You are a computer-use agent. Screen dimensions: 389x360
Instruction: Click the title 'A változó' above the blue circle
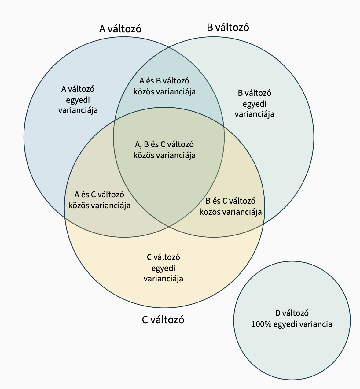[x=120, y=29]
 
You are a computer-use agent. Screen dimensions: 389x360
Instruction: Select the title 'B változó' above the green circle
[x=228, y=28]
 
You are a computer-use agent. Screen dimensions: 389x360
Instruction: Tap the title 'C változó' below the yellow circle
[x=163, y=320]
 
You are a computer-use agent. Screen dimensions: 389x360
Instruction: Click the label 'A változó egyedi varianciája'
[x=78, y=99]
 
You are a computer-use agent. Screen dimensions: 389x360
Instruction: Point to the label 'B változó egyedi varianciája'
[x=254, y=103]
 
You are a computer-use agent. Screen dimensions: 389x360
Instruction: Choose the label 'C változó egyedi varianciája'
[x=163, y=268]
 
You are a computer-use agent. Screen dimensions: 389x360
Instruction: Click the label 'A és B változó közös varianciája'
[x=164, y=86]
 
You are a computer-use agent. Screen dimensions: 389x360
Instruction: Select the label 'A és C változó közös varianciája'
[x=99, y=200]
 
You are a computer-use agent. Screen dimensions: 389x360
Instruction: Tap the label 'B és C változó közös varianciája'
[x=230, y=206]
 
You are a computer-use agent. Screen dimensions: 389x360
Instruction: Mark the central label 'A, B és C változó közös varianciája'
[x=164, y=150]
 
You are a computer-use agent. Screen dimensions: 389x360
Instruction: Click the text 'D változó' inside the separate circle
[x=292, y=313]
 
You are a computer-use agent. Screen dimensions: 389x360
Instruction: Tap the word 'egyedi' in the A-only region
[x=78, y=100]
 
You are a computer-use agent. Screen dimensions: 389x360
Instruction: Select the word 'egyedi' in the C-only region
[x=163, y=268]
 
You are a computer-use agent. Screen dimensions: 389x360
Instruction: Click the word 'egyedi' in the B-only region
[x=254, y=104]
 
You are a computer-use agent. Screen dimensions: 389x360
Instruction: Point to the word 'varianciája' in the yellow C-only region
[x=163, y=279]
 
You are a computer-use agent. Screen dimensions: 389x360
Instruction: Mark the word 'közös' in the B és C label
[x=210, y=212]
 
